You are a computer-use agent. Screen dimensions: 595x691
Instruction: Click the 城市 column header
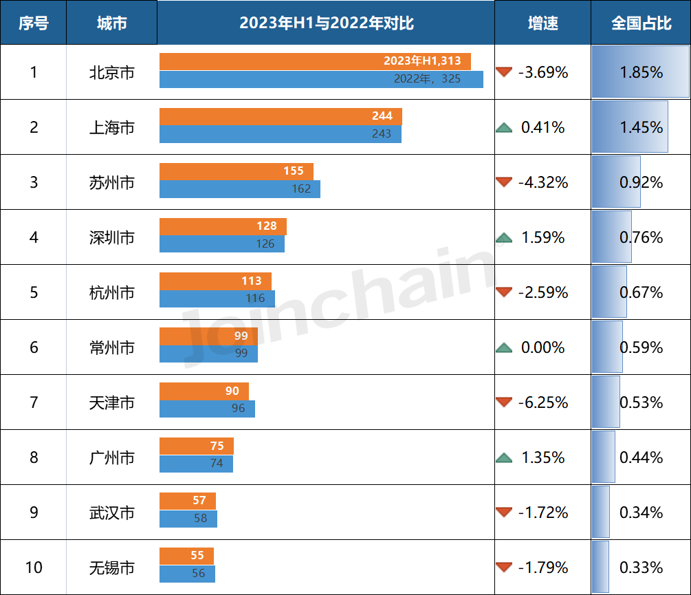point(111,23)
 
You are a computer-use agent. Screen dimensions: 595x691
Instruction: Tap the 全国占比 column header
point(641,23)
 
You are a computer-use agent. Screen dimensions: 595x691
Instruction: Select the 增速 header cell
point(542,23)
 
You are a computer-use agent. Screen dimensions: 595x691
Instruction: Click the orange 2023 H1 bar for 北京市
point(315,61)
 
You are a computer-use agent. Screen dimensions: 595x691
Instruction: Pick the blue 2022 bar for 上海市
point(280,134)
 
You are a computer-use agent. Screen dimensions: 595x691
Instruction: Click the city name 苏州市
point(111,183)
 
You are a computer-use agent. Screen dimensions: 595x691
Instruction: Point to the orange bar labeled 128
point(223,226)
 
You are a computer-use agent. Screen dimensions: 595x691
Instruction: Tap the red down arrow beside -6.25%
point(505,402)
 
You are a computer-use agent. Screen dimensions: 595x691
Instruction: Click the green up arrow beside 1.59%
point(505,238)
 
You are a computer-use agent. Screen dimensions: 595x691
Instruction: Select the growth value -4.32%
point(543,183)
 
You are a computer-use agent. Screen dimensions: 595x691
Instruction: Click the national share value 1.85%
point(641,72)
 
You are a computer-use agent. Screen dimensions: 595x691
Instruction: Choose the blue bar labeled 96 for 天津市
point(207,409)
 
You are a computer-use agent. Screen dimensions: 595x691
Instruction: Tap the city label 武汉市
point(111,513)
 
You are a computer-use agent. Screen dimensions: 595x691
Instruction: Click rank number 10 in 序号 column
point(33,567)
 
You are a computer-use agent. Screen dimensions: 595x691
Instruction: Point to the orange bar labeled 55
point(186,556)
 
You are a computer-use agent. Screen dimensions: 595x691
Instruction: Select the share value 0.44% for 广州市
point(641,457)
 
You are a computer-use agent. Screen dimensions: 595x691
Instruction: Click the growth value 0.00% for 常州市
point(543,347)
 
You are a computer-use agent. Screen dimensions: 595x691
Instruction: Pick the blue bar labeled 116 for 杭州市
point(217,299)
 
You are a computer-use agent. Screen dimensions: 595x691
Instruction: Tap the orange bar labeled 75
point(196,446)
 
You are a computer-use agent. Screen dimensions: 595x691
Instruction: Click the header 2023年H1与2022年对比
point(326,23)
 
